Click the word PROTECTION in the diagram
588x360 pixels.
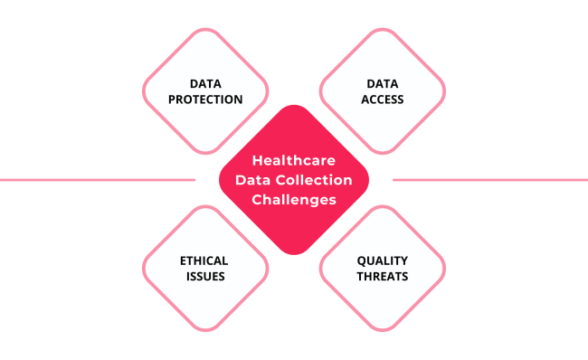pyautogui.click(x=205, y=99)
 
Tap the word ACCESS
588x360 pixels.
pyautogui.click(x=383, y=99)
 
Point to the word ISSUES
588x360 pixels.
pyautogui.click(x=205, y=276)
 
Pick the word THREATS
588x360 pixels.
pyautogui.click(x=383, y=276)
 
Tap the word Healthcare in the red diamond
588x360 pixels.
pyautogui.click(x=294, y=160)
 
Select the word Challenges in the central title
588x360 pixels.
pyautogui.click(x=294, y=198)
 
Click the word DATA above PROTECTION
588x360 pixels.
pyautogui.click(x=205, y=84)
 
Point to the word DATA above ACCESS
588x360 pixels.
pyautogui.click(x=383, y=84)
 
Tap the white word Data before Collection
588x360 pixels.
pyautogui.click(x=251, y=179)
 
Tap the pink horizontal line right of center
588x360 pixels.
pyautogui.click(x=488, y=179)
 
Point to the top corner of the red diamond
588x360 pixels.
pyautogui.click(x=294, y=109)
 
